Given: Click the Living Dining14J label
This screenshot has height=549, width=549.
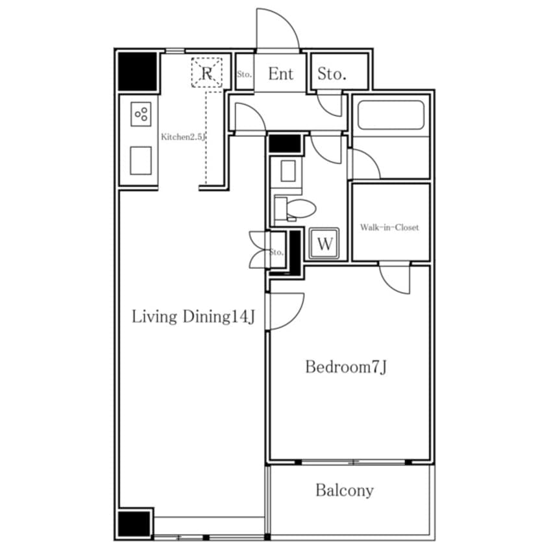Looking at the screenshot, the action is tap(193, 317).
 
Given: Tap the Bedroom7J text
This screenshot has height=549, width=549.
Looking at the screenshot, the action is tap(346, 367).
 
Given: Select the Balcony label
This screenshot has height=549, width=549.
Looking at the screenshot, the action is tap(345, 490).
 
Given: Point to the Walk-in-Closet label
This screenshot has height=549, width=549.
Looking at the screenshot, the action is tap(389, 227).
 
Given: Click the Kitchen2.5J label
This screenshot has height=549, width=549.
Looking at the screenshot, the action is tap(183, 137).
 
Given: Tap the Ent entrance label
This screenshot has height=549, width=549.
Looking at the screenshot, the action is tap(280, 74).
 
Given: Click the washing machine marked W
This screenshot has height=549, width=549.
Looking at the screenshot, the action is tap(324, 243).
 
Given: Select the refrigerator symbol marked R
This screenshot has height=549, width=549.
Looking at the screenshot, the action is tap(206, 73).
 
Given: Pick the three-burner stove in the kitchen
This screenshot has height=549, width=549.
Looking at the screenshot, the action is tap(141, 114).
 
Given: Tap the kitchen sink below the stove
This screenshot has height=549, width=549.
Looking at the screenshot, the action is tap(141, 160).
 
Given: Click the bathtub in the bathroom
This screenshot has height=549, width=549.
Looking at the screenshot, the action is tap(391, 116).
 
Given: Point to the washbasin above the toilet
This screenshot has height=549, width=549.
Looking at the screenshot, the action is tap(288, 171).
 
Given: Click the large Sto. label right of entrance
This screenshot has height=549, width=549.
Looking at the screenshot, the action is tap(332, 74).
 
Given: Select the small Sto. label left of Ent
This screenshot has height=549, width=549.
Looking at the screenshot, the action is tap(245, 74).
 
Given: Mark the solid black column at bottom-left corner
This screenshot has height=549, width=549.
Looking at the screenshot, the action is tap(134, 524).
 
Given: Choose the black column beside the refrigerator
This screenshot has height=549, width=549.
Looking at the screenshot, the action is tap(137, 71).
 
